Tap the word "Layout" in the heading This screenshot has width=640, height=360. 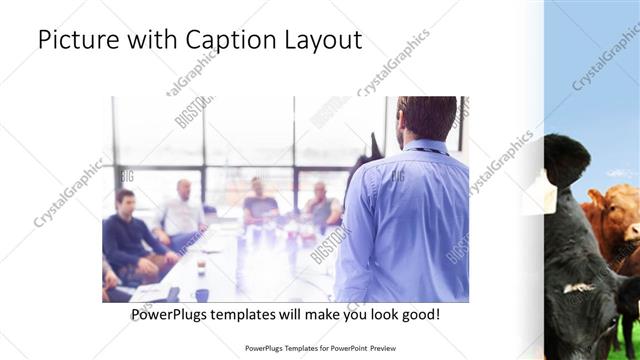pyautogui.click(x=320, y=40)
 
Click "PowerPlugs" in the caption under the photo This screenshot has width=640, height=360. pyautogui.click(x=171, y=314)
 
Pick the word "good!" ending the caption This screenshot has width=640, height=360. pyautogui.click(x=418, y=314)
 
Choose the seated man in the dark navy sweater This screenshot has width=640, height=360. pyautogui.click(x=129, y=236)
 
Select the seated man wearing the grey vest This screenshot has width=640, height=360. pyautogui.click(x=321, y=205)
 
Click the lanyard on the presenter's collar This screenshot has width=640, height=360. pyautogui.click(x=425, y=150)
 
